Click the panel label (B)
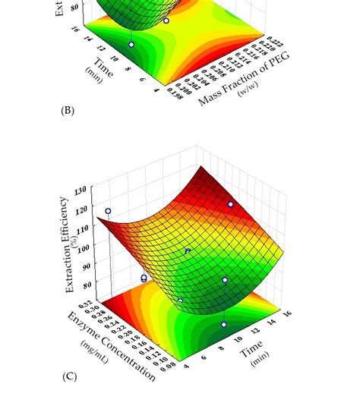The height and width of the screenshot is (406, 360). click(67, 111)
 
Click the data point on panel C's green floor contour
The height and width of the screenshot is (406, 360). click(224, 324)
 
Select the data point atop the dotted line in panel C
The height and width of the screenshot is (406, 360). click(109, 211)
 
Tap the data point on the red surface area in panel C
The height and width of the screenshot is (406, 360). click(231, 204)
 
